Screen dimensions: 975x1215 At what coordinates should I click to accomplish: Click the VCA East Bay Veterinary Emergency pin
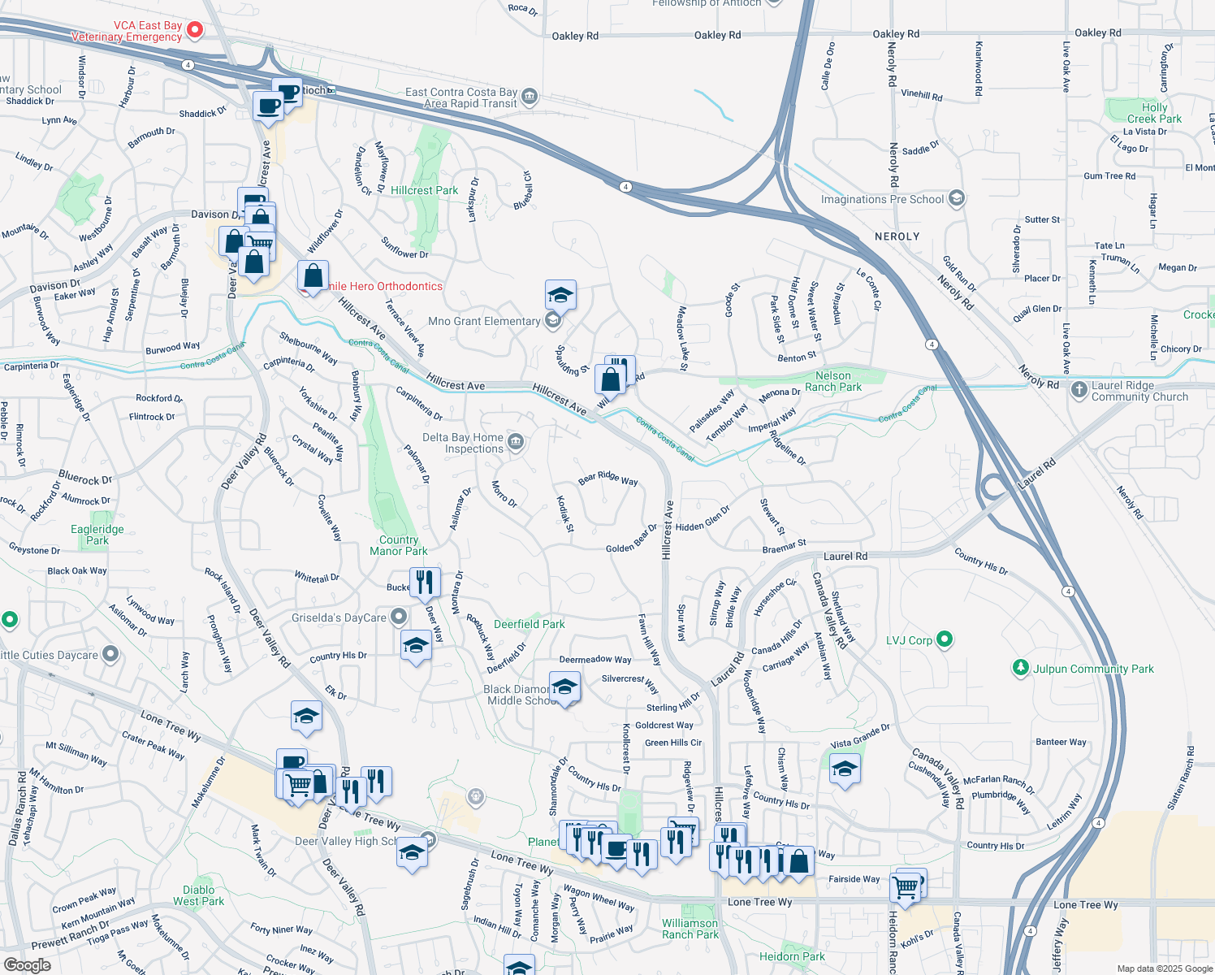tap(195, 31)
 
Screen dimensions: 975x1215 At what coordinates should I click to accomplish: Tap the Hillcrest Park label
tap(424, 190)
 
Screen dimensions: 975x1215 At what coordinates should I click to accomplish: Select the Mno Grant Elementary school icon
tap(552, 321)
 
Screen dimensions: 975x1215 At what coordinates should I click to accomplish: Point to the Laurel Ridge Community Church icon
tap(1079, 390)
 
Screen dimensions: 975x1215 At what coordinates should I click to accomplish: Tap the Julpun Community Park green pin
tap(1020, 668)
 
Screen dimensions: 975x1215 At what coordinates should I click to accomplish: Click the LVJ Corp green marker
tap(944, 639)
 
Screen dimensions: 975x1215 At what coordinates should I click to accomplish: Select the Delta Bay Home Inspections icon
tap(516, 443)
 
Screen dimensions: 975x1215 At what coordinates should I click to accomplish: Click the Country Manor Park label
tap(398, 545)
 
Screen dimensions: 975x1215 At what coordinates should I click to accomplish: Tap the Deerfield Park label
tap(529, 624)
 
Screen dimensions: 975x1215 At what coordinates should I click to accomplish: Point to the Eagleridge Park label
tap(97, 535)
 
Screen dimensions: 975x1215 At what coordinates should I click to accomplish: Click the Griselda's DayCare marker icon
tap(398, 617)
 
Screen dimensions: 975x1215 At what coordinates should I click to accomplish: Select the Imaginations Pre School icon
tap(956, 199)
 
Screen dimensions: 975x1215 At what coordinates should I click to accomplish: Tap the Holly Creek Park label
tap(1154, 113)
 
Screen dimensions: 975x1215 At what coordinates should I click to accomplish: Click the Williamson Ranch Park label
tap(690, 929)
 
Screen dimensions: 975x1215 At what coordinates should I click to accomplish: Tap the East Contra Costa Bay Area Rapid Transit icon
tap(529, 97)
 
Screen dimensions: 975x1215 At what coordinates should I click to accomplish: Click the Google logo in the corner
tap(27, 965)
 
